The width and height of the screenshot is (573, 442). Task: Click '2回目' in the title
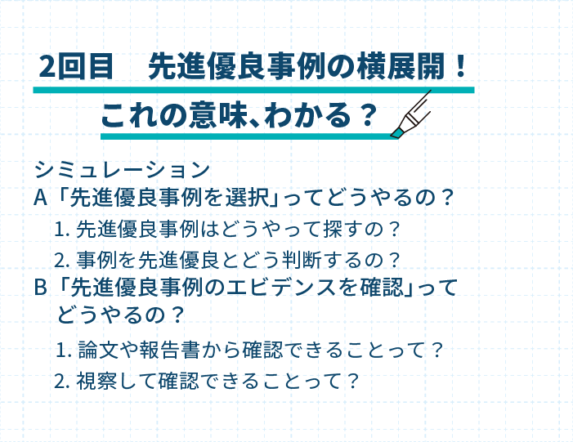click(x=76, y=66)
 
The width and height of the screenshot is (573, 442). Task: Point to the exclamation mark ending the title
click(x=461, y=66)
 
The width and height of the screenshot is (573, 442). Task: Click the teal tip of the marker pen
click(x=396, y=132)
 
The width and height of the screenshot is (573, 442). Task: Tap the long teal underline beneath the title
click(x=253, y=90)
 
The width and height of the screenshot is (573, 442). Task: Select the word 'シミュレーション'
click(x=122, y=170)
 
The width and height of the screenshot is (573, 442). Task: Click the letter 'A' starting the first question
click(x=41, y=198)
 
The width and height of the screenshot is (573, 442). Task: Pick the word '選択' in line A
click(x=247, y=198)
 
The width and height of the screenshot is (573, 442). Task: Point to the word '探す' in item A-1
click(x=342, y=230)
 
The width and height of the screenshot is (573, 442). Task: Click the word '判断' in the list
click(x=302, y=260)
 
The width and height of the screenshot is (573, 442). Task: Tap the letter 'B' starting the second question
click(x=40, y=288)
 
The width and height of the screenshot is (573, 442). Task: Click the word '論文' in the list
click(x=98, y=350)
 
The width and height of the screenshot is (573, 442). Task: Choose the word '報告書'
click(x=169, y=350)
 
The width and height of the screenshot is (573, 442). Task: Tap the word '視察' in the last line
click(x=96, y=381)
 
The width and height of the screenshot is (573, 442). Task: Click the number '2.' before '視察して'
click(x=62, y=382)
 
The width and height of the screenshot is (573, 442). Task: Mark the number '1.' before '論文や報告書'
click(x=63, y=350)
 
